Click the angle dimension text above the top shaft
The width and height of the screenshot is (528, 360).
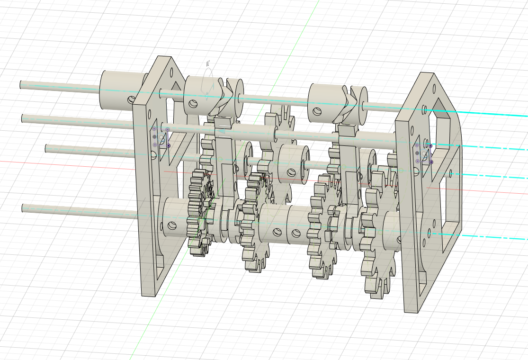(x=208, y=63)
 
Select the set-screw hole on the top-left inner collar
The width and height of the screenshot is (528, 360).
(x=195, y=103)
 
